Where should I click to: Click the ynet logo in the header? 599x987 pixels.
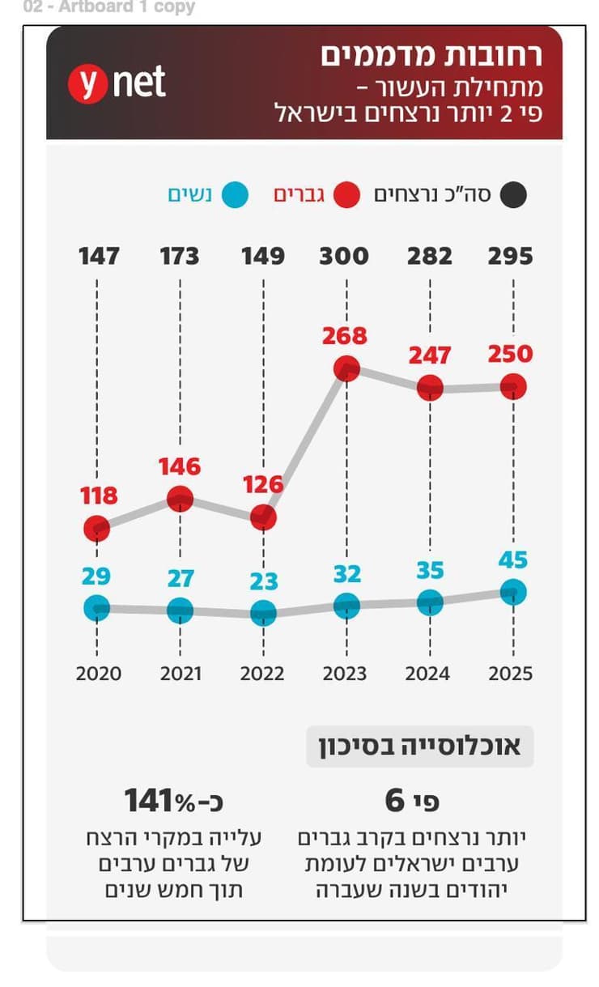pyautogui.click(x=117, y=83)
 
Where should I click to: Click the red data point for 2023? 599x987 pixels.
pyautogui.click(x=346, y=368)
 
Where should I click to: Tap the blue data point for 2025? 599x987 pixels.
pyautogui.click(x=512, y=592)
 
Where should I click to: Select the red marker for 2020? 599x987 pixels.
pyautogui.click(x=96, y=529)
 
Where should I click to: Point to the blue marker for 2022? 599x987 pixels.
pyautogui.click(x=263, y=612)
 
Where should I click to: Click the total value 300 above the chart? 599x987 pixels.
pyautogui.click(x=344, y=257)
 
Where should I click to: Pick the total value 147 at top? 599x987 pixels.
pyautogui.click(x=99, y=257)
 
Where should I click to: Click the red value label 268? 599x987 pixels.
pyautogui.click(x=345, y=335)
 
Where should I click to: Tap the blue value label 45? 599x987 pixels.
pyautogui.click(x=512, y=559)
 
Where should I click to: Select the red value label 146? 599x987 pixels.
pyautogui.click(x=179, y=466)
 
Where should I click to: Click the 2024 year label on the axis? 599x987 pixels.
pyautogui.click(x=429, y=674)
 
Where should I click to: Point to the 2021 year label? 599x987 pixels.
pyautogui.click(x=180, y=674)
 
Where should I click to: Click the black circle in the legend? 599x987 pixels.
pyautogui.click(x=512, y=195)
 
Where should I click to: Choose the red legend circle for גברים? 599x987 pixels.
pyautogui.click(x=346, y=195)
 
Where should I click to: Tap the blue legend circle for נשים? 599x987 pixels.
pyautogui.click(x=234, y=195)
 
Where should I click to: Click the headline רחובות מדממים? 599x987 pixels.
pyautogui.click(x=431, y=56)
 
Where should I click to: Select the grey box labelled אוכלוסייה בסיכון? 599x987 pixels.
pyautogui.click(x=419, y=746)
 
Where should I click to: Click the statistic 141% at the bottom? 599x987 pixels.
pyautogui.click(x=173, y=801)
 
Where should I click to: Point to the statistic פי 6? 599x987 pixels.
pyautogui.click(x=412, y=801)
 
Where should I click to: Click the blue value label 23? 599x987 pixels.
pyautogui.click(x=263, y=581)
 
